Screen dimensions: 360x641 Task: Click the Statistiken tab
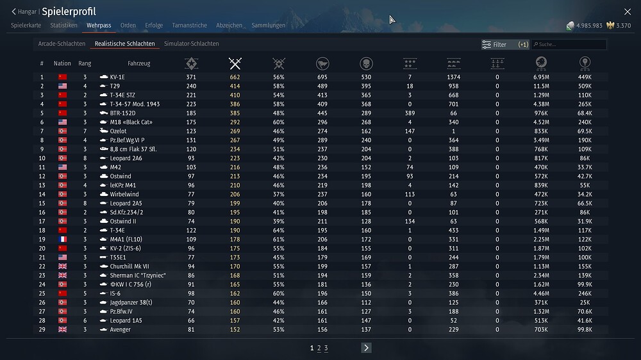(63, 26)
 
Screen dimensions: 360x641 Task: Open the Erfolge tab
(154, 26)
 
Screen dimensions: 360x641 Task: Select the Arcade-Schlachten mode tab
(62, 44)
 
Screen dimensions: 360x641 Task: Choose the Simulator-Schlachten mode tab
(191, 44)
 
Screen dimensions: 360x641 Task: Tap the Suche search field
(569, 45)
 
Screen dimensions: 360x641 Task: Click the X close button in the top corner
(628, 12)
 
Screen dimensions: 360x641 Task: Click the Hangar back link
(24, 12)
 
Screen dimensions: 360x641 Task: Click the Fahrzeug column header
(138, 63)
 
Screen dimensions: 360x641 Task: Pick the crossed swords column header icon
(235, 63)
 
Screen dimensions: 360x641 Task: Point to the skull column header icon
(366, 63)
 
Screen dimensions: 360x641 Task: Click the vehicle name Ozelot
(118, 131)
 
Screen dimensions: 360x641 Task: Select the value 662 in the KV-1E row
(235, 77)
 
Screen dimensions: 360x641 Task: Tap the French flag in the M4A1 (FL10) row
(62, 239)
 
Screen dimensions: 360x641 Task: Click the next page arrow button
(366, 348)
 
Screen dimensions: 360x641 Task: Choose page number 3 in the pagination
(326, 348)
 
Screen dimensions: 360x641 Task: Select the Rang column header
(85, 63)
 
